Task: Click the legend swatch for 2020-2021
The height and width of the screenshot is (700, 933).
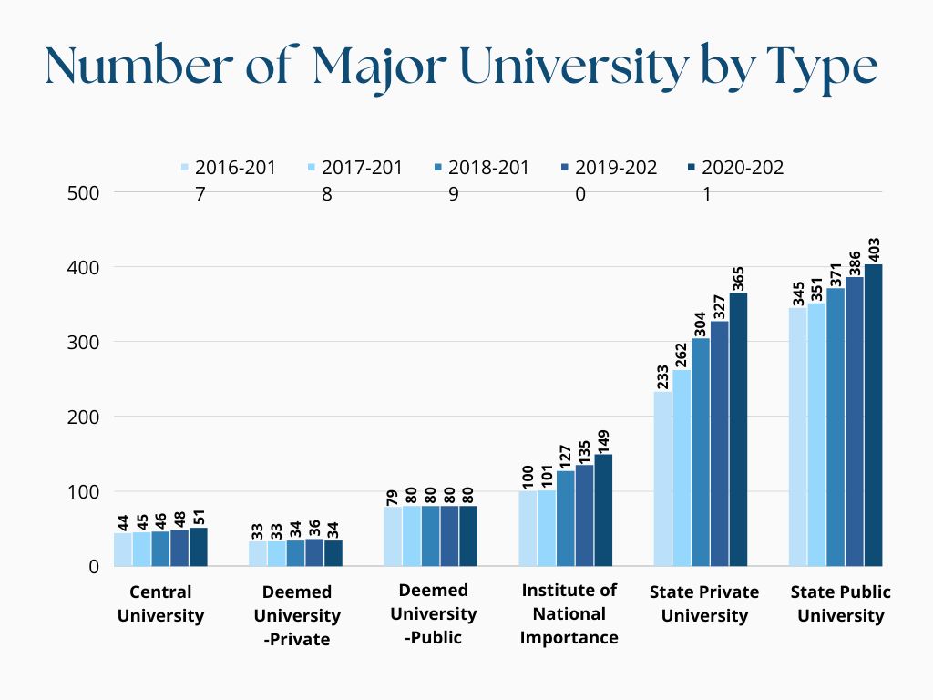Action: pyautogui.click(x=691, y=168)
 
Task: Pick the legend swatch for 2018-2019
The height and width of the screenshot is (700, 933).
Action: pyautogui.click(x=438, y=168)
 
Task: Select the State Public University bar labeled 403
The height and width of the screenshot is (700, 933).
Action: pyautogui.click(x=873, y=416)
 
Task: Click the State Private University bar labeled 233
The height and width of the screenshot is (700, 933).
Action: pyautogui.click(x=662, y=479)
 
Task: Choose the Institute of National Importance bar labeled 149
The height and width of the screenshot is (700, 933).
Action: pyautogui.click(x=603, y=510)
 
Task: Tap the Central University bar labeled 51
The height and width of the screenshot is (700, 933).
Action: pyautogui.click(x=199, y=547)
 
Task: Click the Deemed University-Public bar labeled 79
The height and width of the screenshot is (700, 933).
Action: pyautogui.click(x=392, y=537)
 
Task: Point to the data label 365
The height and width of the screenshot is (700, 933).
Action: pyautogui.click(x=738, y=276)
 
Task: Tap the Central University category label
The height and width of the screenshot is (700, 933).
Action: pyautogui.click(x=160, y=603)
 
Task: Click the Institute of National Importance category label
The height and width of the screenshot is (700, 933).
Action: pyautogui.click(x=569, y=613)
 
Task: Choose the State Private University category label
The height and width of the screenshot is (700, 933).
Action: pyautogui.click(x=703, y=603)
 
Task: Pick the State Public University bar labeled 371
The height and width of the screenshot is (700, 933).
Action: pyautogui.click(x=835, y=427)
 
